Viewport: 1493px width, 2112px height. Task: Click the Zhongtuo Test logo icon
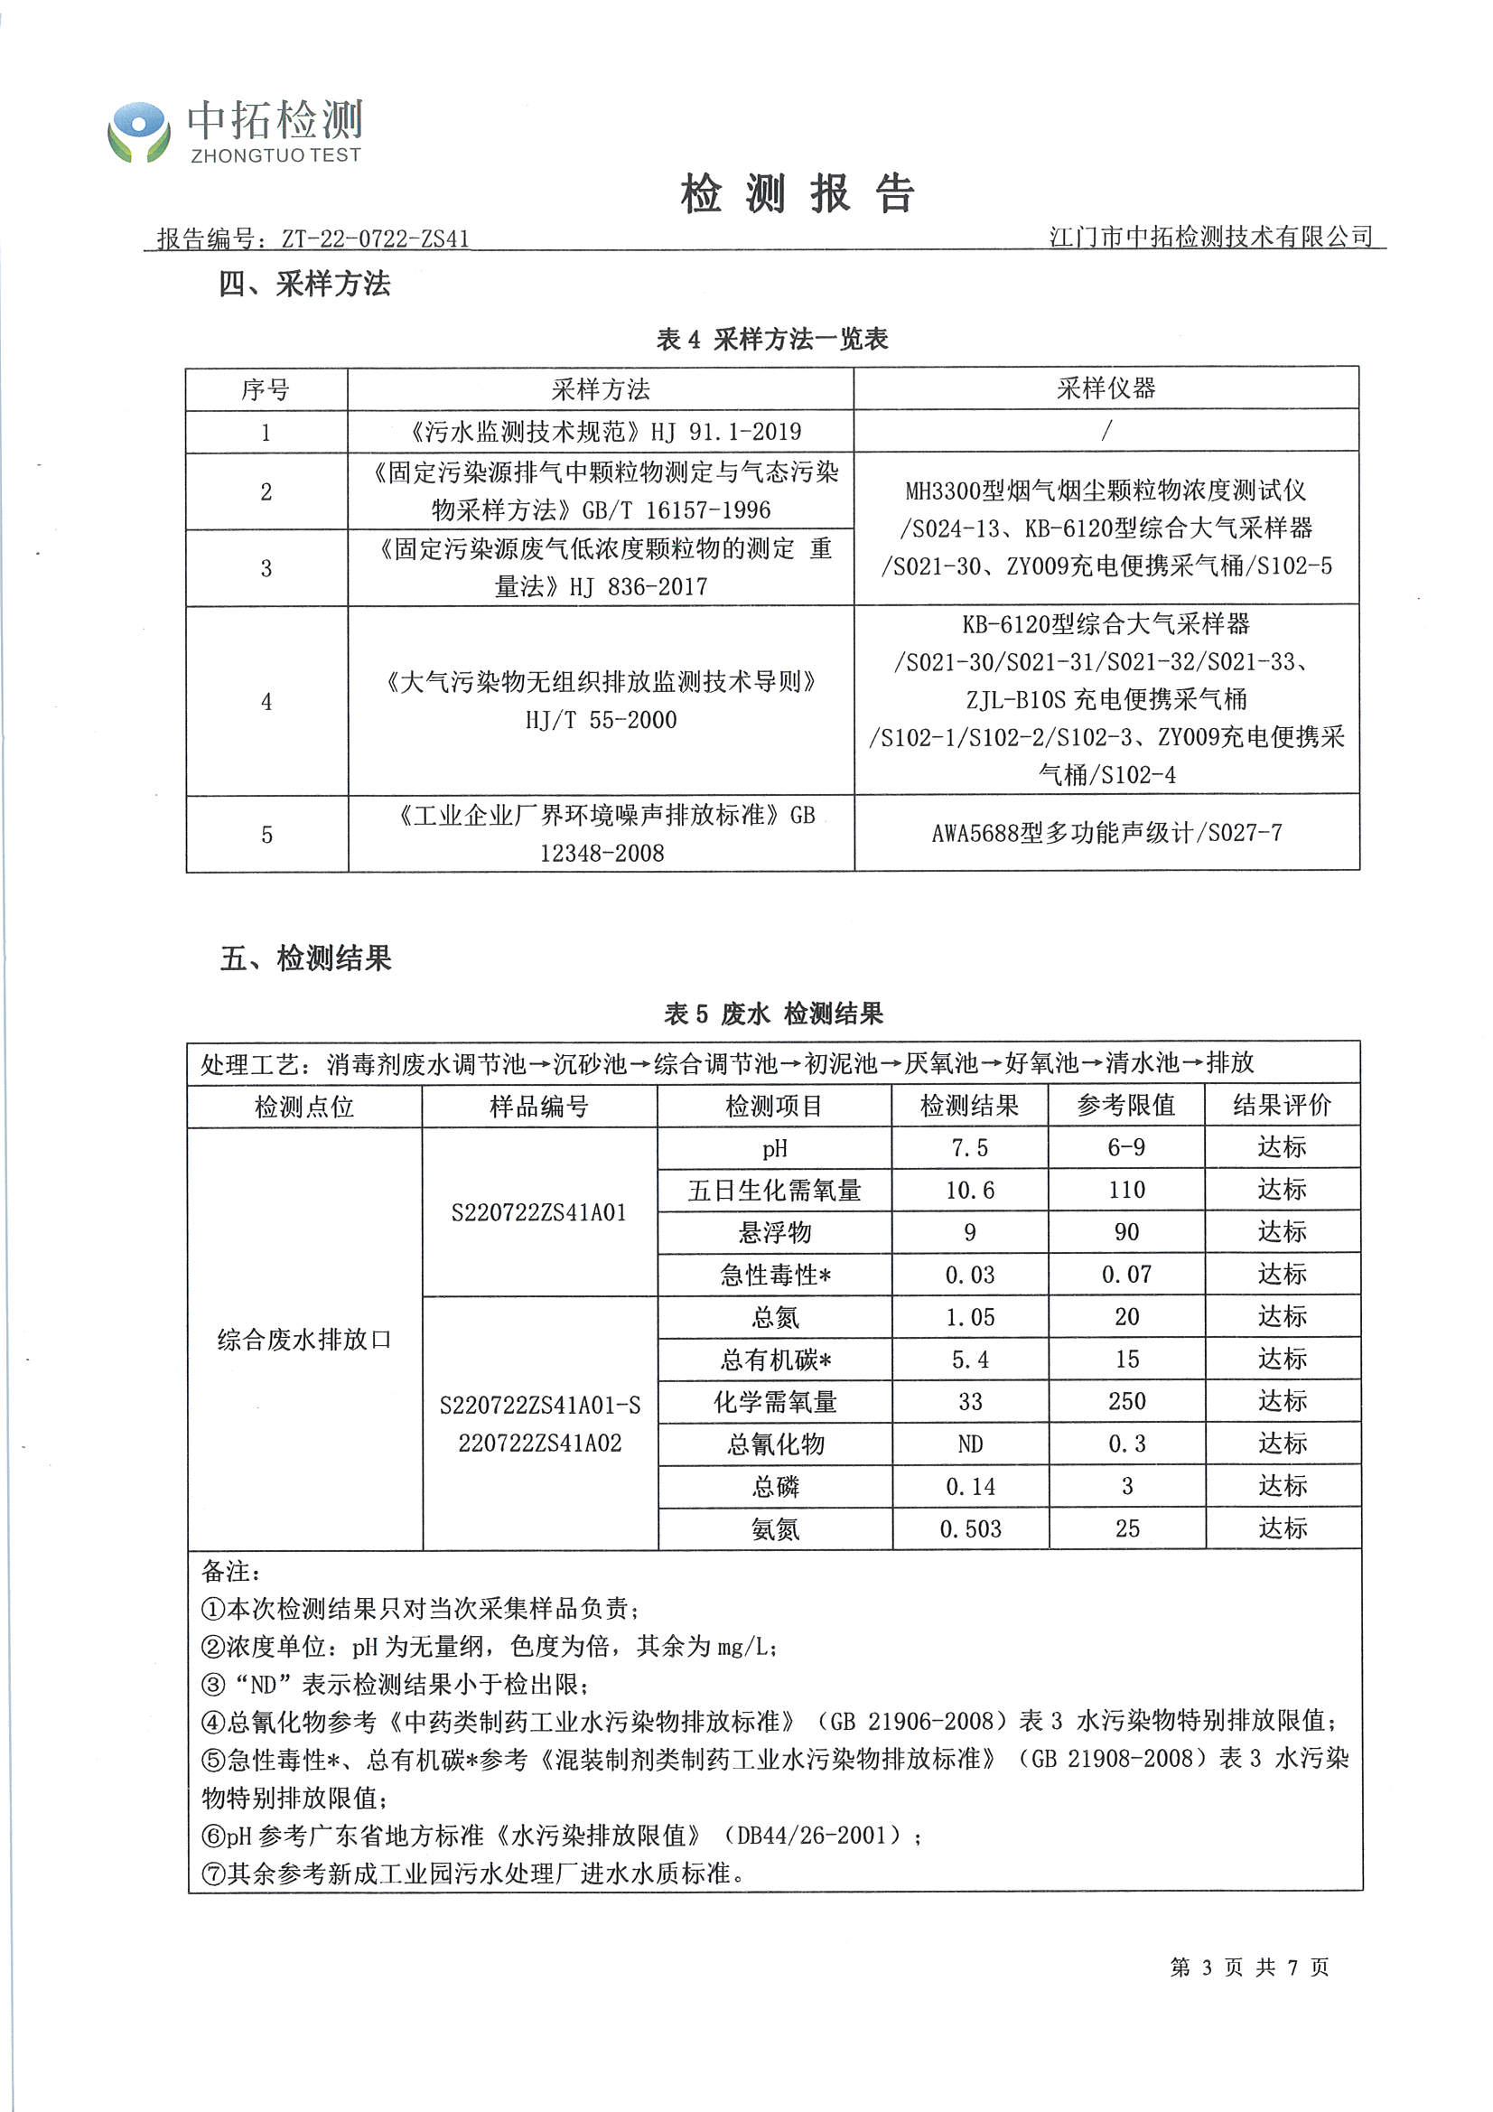click(x=139, y=133)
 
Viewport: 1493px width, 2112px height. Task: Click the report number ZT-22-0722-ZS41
click(x=375, y=239)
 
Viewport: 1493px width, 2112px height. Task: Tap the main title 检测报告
click(x=797, y=194)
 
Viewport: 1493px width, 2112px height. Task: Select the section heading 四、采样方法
click(x=304, y=285)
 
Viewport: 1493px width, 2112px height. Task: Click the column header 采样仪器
click(x=1106, y=388)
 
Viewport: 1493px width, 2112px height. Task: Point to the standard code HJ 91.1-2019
click(x=726, y=432)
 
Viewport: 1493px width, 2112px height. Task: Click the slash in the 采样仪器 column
click(x=1106, y=430)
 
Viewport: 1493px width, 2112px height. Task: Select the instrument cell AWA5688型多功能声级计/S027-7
click(x=1106, y=834)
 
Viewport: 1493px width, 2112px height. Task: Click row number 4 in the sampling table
click(x=266, y=702)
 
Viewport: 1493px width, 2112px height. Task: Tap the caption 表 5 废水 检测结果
click(x=774, y=1014)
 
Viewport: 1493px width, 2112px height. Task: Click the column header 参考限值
click(x=1126, y=1105)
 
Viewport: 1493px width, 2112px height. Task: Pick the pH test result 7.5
click(x=969, y=1148)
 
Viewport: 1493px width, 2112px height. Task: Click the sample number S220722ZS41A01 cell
click(x=539, y=1212)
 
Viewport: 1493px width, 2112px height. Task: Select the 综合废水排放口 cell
click(x=304, y=1340)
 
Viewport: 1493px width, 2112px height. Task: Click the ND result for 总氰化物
click(x=969, y=1444)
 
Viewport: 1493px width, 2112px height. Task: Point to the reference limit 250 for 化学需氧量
click(x=1127, y=1402)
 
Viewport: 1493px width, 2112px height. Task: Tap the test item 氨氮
click(x=775, y=1529)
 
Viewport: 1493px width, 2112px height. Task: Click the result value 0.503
click(x=969, y=1529)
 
